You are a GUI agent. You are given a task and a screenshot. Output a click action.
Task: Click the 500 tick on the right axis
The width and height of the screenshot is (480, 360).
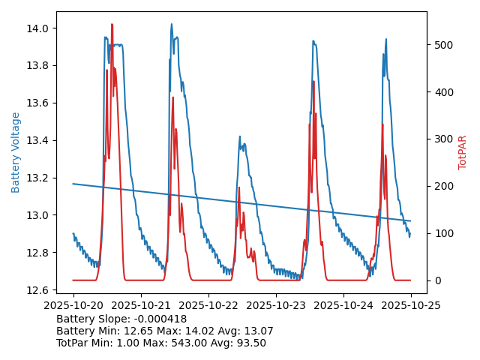[x=443, y=45]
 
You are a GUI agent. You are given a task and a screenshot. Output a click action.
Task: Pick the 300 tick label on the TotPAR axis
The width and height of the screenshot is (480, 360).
[x=443, y=139]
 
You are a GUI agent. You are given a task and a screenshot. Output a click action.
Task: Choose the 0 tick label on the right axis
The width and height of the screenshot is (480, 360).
[x=437, y=280]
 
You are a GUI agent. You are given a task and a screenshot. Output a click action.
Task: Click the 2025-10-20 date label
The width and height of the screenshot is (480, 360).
[x=73, y=305]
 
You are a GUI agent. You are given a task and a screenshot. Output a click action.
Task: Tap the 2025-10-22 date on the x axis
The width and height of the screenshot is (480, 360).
[x=208, y=305]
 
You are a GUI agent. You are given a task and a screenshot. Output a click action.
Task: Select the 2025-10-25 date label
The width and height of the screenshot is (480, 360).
[x=411, y=305]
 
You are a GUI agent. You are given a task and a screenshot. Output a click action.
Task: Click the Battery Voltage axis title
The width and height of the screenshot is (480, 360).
[x=16, y=152]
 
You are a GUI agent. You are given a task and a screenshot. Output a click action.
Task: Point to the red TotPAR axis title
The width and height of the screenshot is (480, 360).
[x=463, y=152]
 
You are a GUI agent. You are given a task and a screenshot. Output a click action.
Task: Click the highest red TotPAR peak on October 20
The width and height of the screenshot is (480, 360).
[x=112, y=25]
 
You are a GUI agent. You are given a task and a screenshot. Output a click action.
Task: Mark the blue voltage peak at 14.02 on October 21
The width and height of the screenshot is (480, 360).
[x=171, y=25]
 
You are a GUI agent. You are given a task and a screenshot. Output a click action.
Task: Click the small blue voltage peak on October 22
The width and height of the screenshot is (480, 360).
[x=240, y=137]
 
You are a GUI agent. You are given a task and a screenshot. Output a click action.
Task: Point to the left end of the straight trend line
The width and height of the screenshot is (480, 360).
[x=73, y=184]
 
